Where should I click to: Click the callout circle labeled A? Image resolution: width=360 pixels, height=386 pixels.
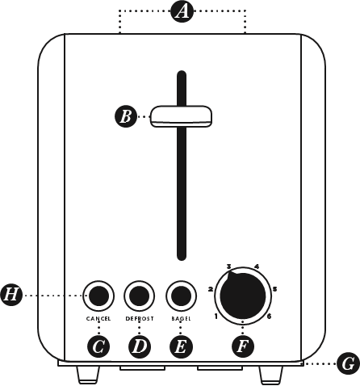[182, 11]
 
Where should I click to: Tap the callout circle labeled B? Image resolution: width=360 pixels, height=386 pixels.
[126, 116]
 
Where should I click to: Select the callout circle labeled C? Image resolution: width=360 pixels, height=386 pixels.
[98, 346]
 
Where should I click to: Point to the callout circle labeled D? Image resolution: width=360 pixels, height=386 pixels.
[139, 346]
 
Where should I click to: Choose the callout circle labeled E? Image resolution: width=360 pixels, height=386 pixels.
[181, 346]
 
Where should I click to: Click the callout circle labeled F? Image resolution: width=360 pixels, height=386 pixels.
[243, 346]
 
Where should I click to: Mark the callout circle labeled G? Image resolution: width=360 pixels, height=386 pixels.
[349, 363]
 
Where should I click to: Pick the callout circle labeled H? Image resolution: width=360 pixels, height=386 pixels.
[11, 295]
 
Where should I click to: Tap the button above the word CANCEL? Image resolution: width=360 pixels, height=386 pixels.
[98, 296]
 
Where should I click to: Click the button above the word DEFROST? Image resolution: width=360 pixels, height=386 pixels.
[139, 296]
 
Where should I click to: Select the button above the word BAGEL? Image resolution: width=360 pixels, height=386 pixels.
[181, 296]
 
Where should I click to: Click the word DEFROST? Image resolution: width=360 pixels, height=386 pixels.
[140, 318]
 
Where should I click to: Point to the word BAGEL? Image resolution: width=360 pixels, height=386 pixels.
[181, 318]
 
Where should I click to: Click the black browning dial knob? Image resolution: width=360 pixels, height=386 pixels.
[243, 296]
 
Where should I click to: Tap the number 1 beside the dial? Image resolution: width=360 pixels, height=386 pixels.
[216, 317]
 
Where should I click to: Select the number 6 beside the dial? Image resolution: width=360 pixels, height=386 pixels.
[269, 316]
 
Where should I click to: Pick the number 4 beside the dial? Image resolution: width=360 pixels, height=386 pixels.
[257, 266]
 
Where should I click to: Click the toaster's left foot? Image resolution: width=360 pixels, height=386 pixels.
[88, 375]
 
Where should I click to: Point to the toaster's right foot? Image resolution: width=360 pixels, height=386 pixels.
[270, 376]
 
